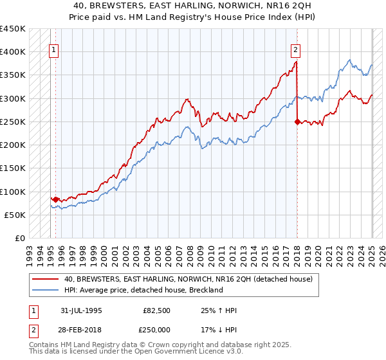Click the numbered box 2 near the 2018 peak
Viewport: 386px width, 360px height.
click(x=295, y=48)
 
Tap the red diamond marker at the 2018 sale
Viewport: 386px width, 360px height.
click(x=297, y=122)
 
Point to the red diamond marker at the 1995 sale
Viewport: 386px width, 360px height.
click(x=56, y=199)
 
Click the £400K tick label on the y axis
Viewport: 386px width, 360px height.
click(x=13, y=51)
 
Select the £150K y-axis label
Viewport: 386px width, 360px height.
click(x=13, y=168)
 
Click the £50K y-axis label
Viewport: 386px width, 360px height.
click(x=15, y=215)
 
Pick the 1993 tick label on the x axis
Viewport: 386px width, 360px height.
click(x=30, y=252)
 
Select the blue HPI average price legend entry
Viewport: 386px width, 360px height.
click(x=143, y=290)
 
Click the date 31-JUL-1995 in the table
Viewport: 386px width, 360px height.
click(x=81, y=310)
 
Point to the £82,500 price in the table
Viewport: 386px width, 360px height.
click(x=157, y=310)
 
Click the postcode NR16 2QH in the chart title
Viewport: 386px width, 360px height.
click(x=284, y=4)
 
